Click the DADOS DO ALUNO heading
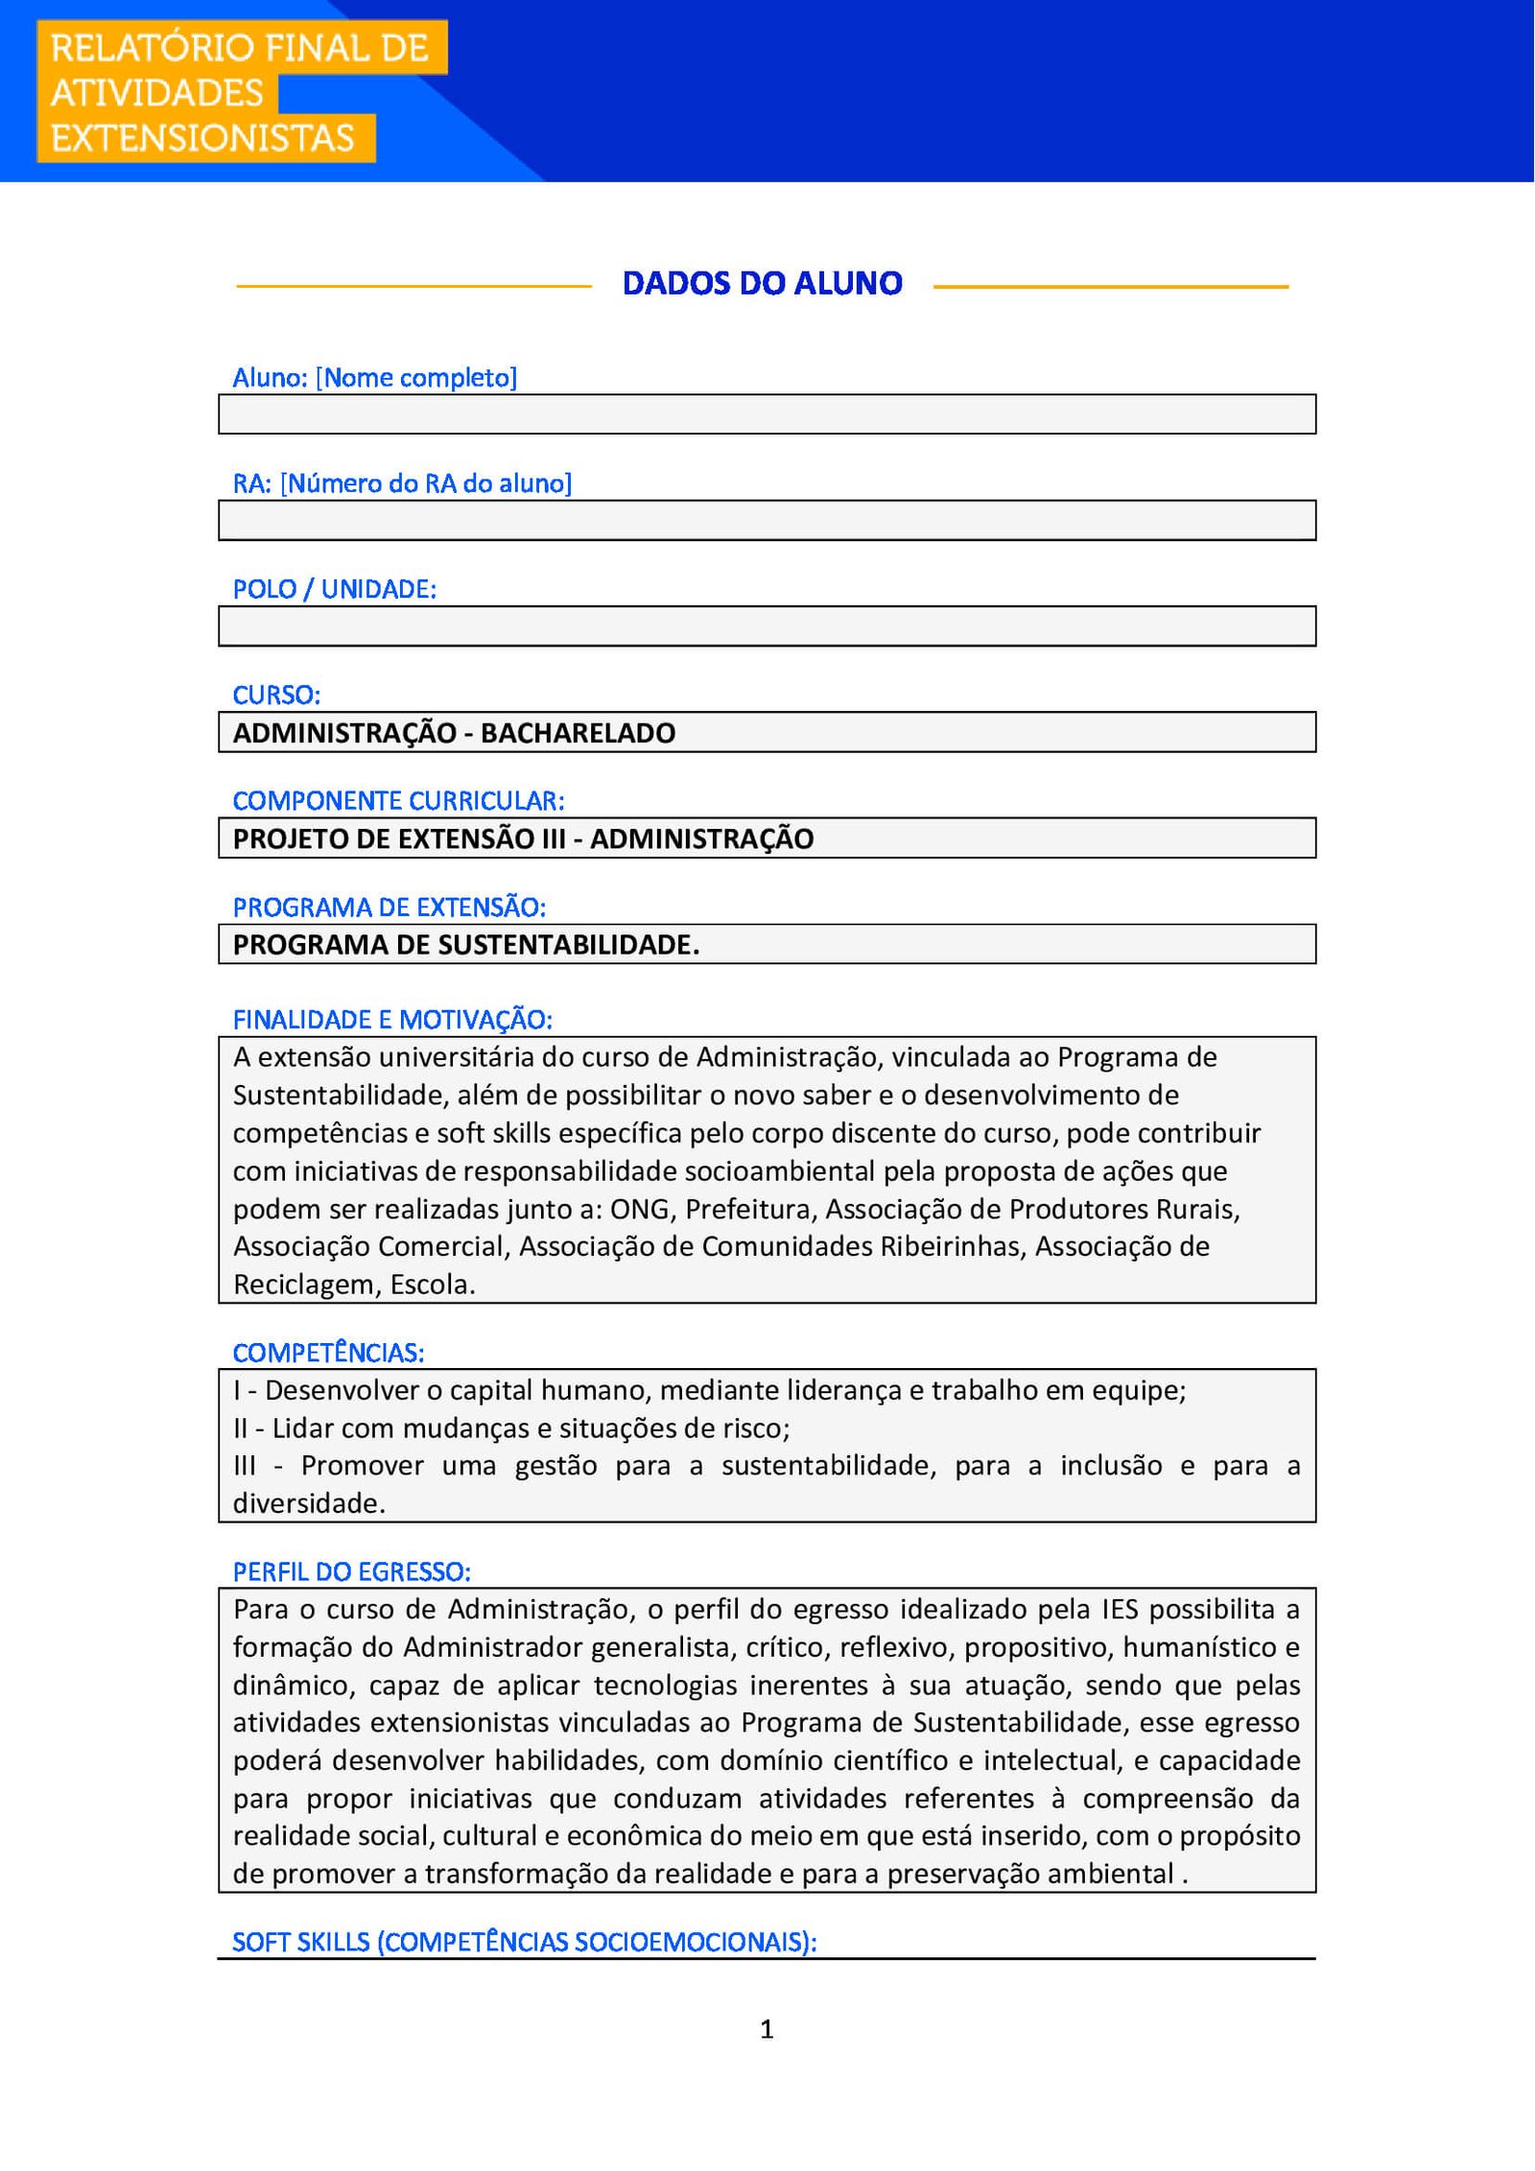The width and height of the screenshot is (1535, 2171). (762, 284)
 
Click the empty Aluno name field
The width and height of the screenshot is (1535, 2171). (767, 414)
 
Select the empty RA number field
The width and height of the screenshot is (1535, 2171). (767, 520)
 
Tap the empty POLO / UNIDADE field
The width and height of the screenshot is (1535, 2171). (767, 626)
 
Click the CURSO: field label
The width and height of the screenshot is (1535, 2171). (276, 695)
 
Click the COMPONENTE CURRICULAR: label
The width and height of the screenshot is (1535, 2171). (398, 800)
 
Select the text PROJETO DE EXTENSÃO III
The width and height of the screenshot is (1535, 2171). (399, 838)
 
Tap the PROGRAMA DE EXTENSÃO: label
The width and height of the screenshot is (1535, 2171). (389, 907)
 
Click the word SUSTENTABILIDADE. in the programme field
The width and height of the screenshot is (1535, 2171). (568, 945)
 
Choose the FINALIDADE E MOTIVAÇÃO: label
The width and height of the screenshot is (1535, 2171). (392, 1019)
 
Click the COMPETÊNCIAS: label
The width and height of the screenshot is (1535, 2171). (328, 1353)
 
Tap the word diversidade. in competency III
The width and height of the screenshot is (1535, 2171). (309, 1503)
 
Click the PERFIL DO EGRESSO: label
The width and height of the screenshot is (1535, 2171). (351, 1571)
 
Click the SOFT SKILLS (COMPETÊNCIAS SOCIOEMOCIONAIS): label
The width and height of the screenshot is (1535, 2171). (524, 1942)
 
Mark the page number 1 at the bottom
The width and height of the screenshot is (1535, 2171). (767, 2028)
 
